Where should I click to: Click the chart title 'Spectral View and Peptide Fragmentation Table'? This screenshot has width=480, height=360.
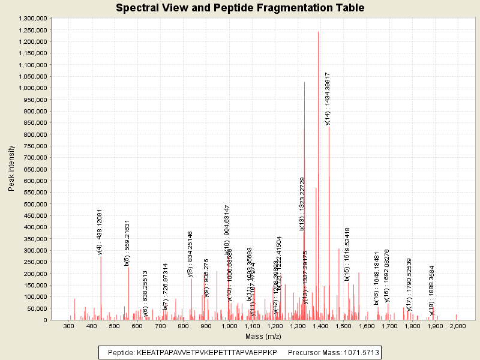(239, 8)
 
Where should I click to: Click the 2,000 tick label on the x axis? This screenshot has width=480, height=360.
(457, 326)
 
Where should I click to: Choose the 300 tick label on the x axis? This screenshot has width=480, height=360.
(69, 326)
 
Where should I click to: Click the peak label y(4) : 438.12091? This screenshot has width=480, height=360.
(100, 232)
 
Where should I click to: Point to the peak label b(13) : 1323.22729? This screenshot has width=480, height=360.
(302, 204)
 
